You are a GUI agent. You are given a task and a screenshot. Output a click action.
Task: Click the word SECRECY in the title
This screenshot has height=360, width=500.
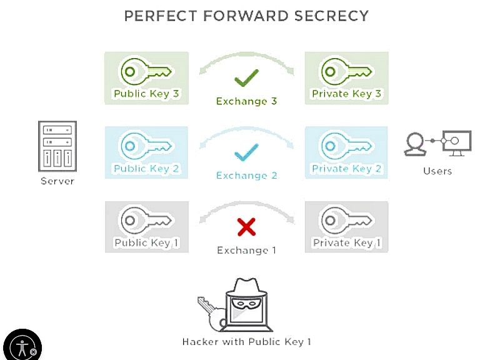click(331, 16)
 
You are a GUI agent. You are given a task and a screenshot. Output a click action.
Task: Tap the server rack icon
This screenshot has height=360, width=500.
click(57, 146)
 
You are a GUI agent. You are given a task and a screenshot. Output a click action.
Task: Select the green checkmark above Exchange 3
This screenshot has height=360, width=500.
click(246, 78)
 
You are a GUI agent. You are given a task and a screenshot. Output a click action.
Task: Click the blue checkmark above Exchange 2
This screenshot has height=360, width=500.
click(246, 152)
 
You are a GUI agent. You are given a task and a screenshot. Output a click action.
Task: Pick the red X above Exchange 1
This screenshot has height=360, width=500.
click(246, 227)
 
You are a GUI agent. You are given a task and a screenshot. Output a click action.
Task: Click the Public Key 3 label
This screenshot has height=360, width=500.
click(146, 94)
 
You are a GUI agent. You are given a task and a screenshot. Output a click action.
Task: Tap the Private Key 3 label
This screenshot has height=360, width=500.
click(347, 94)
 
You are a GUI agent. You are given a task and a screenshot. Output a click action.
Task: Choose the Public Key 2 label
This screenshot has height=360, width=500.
click(146, 168)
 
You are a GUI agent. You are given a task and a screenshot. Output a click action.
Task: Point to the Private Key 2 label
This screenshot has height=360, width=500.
click(347, 168)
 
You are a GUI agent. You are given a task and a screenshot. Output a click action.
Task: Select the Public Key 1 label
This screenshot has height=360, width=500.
click(146, 242)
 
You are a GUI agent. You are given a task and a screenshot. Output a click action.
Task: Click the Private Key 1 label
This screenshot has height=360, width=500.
click(347, 242)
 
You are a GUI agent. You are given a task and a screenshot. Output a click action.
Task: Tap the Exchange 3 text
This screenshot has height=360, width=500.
click(246, 101)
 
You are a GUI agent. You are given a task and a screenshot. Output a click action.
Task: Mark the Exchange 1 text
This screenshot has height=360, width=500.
click(246, 250)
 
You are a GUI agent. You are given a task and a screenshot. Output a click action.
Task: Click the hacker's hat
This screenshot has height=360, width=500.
click(246, 287)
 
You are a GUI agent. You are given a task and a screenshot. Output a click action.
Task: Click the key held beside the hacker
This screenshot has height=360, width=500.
click(212, 314)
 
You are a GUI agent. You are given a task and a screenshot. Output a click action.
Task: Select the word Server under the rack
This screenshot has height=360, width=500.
click(57, 181)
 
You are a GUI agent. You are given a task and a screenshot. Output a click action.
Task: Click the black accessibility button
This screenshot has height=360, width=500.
click(22, 346)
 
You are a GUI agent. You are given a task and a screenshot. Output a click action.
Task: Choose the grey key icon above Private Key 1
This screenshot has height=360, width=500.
click(346, 220)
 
